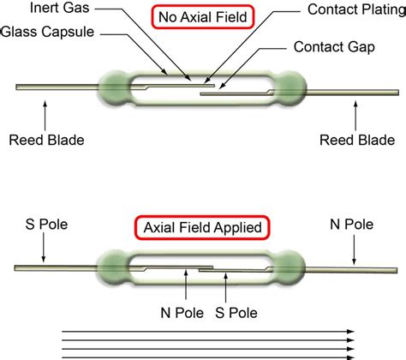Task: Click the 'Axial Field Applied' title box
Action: (202, 228)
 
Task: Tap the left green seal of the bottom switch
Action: (116, 267)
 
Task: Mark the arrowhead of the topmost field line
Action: (351, 330)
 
